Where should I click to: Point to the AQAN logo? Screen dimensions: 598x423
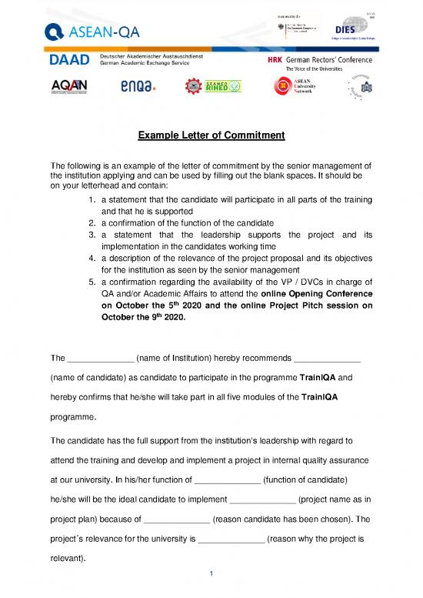69,86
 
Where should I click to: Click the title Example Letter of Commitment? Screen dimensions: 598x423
211,136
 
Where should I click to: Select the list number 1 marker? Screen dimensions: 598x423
92,198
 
